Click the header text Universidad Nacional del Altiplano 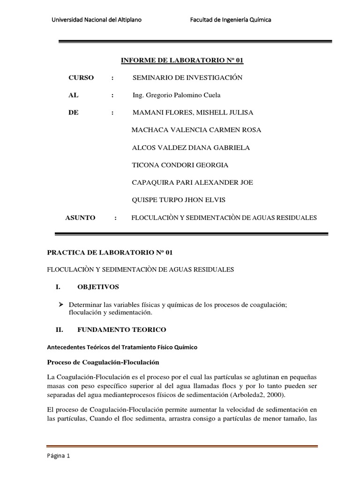98,20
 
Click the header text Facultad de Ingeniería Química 231,20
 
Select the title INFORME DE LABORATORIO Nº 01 183,60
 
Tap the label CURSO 81,78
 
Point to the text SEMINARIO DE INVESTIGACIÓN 187,78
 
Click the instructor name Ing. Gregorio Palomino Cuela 176,95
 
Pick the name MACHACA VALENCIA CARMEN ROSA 196,130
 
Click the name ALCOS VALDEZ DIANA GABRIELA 191,148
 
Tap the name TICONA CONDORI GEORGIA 180,165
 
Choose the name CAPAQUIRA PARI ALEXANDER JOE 193,182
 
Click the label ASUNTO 80,217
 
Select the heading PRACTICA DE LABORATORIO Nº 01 110,252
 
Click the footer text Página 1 59,455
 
